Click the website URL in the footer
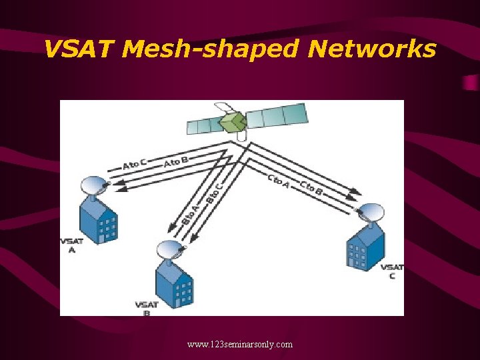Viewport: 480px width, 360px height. pos(240,345)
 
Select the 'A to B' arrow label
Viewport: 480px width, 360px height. pos(176,161)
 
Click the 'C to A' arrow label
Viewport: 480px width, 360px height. pos(278,180)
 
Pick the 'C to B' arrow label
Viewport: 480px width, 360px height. pos(311,187)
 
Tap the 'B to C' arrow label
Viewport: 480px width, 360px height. pos(213,190)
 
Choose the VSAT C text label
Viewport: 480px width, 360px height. pos(392,271)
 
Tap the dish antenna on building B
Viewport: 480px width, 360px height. pos(171,250)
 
